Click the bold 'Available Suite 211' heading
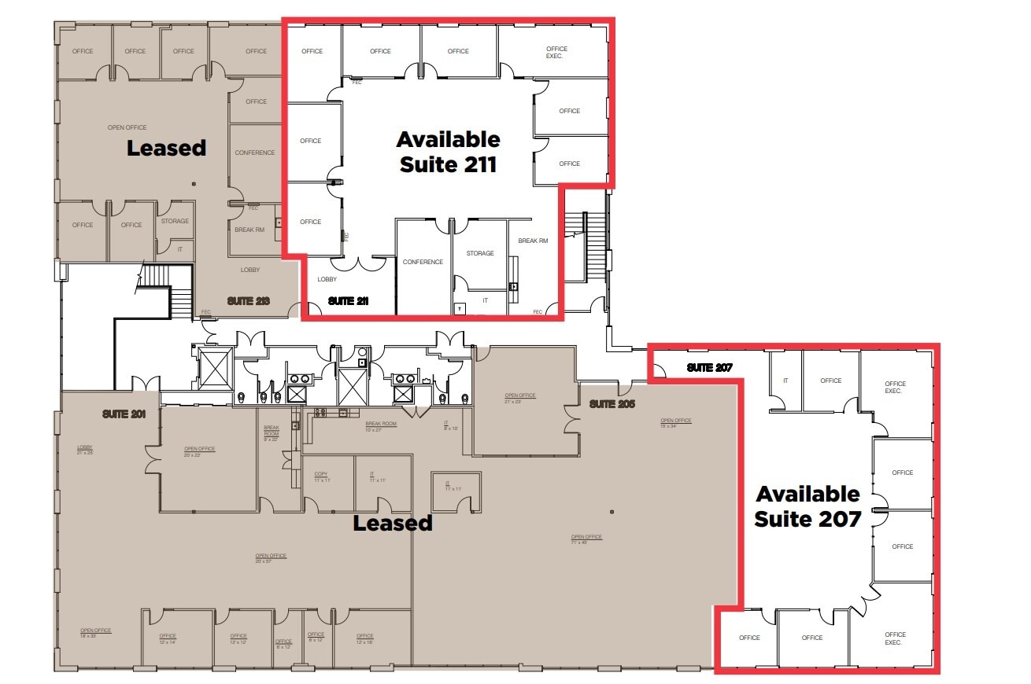click(x=448, y=152)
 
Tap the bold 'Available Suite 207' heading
click(x=807, y=506)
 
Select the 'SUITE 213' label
click(x=249, y=300)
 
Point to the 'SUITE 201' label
click(x=124, y=414)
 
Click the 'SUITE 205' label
click(x=612, y=404)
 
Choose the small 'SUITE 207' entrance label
click(x=709, y=367)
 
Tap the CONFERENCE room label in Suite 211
click(x=423, y=262)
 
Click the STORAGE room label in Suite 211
click(x=479, y=253)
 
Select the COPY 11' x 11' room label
click(x=321, y=476)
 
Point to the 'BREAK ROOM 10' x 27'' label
click(x=381, y=426)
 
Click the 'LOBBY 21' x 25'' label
click(x=85, y=450)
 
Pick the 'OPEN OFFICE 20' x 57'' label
click(x=271, y=558)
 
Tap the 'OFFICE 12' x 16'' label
click(x=364, y=639)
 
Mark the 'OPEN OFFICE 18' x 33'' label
click(x=95, y=633)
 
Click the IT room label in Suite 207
click(x=785, y=381)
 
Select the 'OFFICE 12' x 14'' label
click(x=168, y=639)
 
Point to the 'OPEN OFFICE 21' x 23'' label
click(x=520, y=398)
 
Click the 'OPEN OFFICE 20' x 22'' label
click(x=199, y=451)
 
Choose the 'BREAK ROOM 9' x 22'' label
click(x=271, y=433)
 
